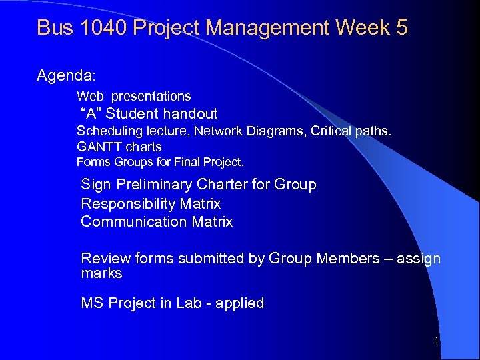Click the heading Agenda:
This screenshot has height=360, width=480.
pos(67,76)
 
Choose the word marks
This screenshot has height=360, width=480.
pos(101,273)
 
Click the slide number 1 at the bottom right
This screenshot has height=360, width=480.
pos(436,341)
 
